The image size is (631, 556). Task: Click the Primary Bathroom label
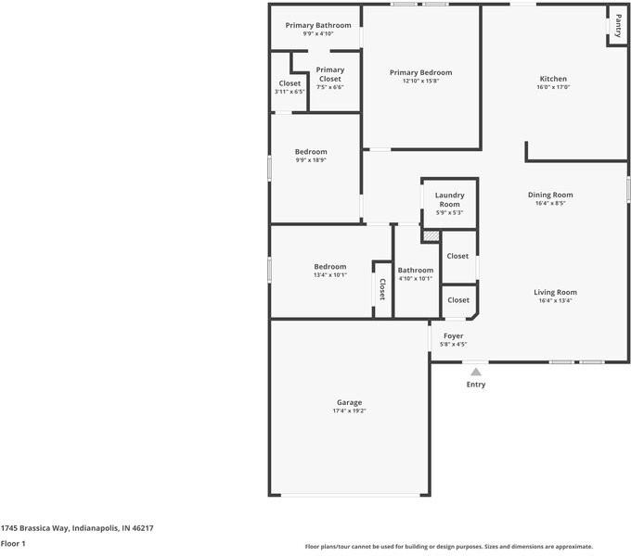point(318,25)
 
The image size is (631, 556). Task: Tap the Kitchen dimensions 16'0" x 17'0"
point(553,88)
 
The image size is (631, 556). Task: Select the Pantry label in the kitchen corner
point(619,26)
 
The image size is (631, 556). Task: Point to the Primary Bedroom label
point(420,72)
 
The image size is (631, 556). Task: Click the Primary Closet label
point(329,74)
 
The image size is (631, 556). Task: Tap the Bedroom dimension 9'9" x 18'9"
point(311,160)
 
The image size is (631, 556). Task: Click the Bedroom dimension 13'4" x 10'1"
point(329,275)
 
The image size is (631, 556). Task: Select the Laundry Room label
point(449,200)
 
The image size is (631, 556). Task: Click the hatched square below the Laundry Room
point(431,236)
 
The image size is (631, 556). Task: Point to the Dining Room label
point(550,196)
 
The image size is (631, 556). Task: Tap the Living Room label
point(555,293)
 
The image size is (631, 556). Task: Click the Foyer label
point(453,335)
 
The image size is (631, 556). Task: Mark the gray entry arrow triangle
point(476,371)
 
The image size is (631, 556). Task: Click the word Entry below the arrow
point(476,385)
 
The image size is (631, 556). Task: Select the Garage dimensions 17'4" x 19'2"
point(349,411)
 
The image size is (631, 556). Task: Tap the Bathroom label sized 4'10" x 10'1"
point(416,271)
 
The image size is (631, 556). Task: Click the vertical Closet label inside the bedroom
point(381,290)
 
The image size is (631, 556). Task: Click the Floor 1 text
point(13,544)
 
